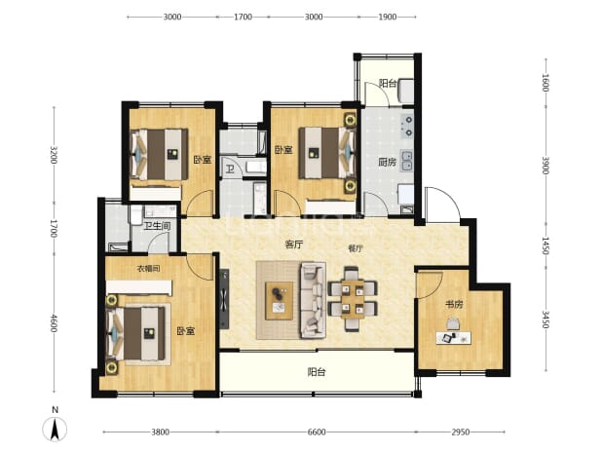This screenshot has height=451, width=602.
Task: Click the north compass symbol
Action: click(x=55, y=429)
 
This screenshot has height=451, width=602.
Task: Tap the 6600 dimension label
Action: click(x=317, y=432)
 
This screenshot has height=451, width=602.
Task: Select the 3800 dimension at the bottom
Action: click(x=160, y=432)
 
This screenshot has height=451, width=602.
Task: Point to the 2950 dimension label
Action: click(x=460, y=432)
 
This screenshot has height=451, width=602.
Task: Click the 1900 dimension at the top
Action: click(x=387, y=17)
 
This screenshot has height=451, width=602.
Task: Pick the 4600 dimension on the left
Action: click(x=54, y=323)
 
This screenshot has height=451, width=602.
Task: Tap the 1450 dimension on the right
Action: click(x=546, y=245)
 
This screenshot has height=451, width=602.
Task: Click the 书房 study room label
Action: click(x=454, y=305)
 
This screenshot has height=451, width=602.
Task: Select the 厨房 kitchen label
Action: click(x=387, y=163)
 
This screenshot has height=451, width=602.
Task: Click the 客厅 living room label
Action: click(x=294, y=244)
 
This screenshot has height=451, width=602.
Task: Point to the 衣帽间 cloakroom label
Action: click(x=149, y=269)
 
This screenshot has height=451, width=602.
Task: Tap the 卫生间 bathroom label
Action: click(x=157, y=226)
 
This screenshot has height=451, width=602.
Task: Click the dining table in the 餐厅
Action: click(x=353, y=299)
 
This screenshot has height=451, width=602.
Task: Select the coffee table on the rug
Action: click(x=280, y=301)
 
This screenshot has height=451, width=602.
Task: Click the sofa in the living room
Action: click(x=313, y=300)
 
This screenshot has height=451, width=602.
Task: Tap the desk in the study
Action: click(x=453, y=338)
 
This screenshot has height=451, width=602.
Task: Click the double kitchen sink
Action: click(x=407, y=161)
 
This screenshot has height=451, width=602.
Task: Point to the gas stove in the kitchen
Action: click(x=407, y=127)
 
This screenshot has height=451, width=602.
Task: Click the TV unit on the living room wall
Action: click(x=224, y=299)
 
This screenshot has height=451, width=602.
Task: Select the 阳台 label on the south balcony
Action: click(x=317, y=372)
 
